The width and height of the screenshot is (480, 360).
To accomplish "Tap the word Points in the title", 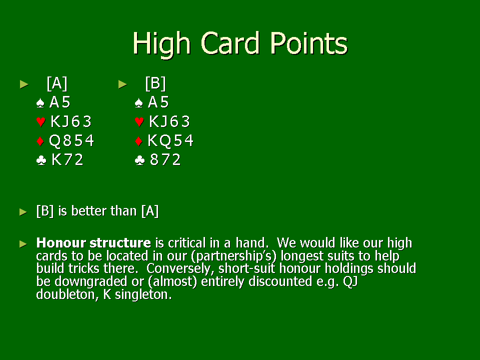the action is pos(308,43).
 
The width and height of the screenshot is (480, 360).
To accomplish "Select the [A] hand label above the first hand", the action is pos(57,83).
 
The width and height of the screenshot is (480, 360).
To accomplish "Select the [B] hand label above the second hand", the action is pos(155,83).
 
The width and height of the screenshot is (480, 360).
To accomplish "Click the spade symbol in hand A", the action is pos(40,103).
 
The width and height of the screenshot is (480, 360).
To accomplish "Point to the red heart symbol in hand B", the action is pos(139,122).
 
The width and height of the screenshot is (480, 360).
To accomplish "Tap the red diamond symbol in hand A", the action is pos(40,141).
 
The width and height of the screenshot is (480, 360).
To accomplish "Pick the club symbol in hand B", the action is pos(139,160).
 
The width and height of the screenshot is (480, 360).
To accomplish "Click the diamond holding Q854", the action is pos(71,141).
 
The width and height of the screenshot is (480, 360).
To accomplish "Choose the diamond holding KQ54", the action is pos(170,141).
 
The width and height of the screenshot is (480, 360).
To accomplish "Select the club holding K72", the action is pos(67,160).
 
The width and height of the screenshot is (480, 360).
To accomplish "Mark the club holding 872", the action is pos(165,160).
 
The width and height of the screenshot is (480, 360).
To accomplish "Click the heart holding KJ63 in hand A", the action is pos(71,121).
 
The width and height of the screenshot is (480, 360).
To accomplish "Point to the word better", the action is pos(89,211).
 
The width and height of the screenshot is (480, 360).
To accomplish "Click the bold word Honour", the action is pos(61,243).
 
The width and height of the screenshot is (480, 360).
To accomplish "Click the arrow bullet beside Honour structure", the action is pos(23,244).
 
